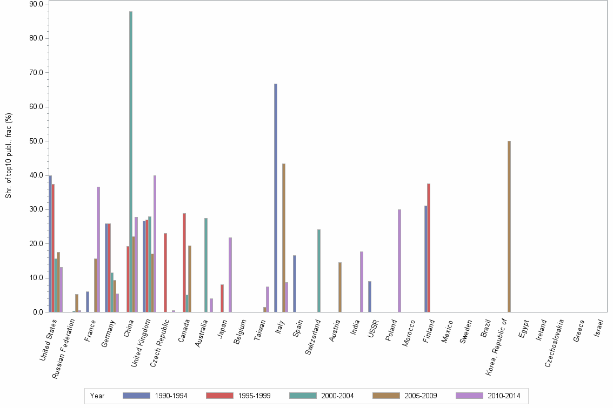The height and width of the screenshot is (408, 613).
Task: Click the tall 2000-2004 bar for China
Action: tap(131, 162)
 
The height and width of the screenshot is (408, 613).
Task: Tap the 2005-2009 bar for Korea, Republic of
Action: tap(509, 227)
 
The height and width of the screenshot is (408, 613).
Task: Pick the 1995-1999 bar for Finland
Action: tap(429, 248)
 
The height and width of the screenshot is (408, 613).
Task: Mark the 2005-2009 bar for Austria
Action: tap(340, 287)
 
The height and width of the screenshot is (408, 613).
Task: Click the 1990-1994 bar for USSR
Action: tap(370, 297)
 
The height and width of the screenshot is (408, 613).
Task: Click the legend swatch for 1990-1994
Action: tap(137, 396)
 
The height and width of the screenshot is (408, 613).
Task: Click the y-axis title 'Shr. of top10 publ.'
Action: tap(9, 155)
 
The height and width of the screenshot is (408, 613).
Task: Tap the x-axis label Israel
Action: tap(599, 329)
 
